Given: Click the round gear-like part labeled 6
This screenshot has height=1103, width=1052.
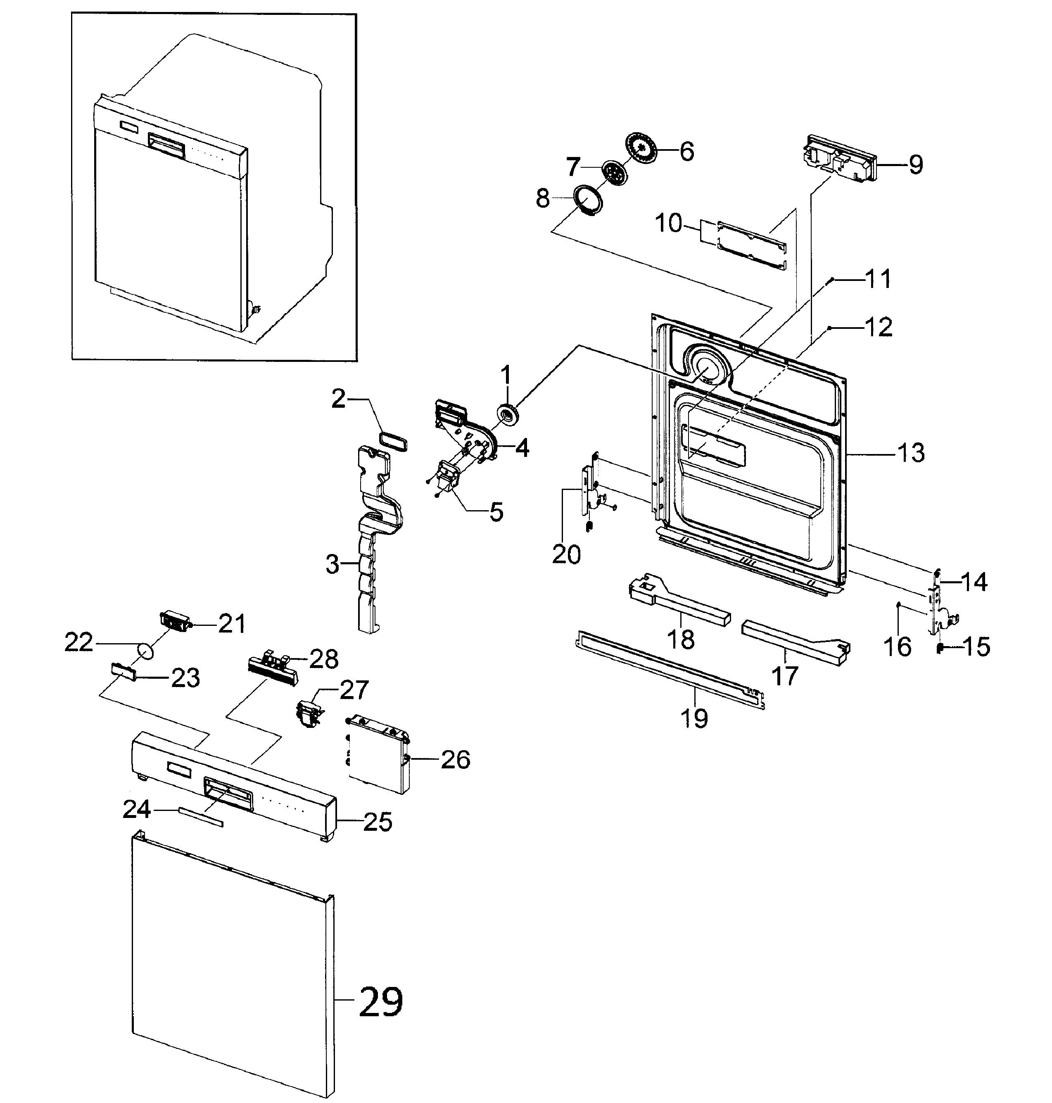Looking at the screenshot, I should (x=640, y=149).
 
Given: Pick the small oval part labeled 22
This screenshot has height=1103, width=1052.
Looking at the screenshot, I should (x=145, y=653).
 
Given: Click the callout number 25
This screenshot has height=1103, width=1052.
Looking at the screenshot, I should (x=378, y=822).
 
